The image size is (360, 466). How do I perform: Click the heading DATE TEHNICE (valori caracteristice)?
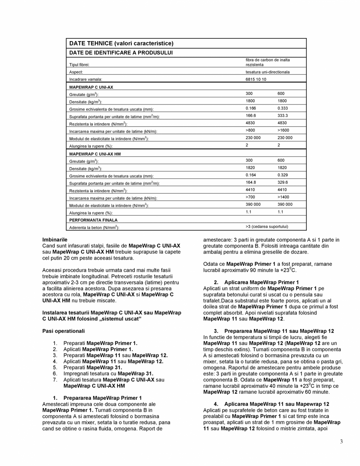click(121, 43)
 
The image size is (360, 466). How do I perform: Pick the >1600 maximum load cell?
click(284, 130)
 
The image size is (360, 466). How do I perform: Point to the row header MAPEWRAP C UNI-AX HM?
click(95, 154)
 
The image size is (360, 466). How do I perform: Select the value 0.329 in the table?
click(283, 175)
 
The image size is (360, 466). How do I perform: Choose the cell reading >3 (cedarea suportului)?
click(270, 226)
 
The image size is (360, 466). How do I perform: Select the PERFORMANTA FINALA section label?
click(93, 220)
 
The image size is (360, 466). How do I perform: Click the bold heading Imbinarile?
click(55, 239)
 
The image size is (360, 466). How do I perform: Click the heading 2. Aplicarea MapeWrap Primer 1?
click(256, 282)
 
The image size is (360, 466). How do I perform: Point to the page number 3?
click(342, 442)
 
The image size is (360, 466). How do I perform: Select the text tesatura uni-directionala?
click(268, 72)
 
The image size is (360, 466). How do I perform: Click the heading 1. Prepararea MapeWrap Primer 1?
click(97, 398)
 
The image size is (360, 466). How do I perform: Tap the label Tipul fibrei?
click(80, 65)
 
